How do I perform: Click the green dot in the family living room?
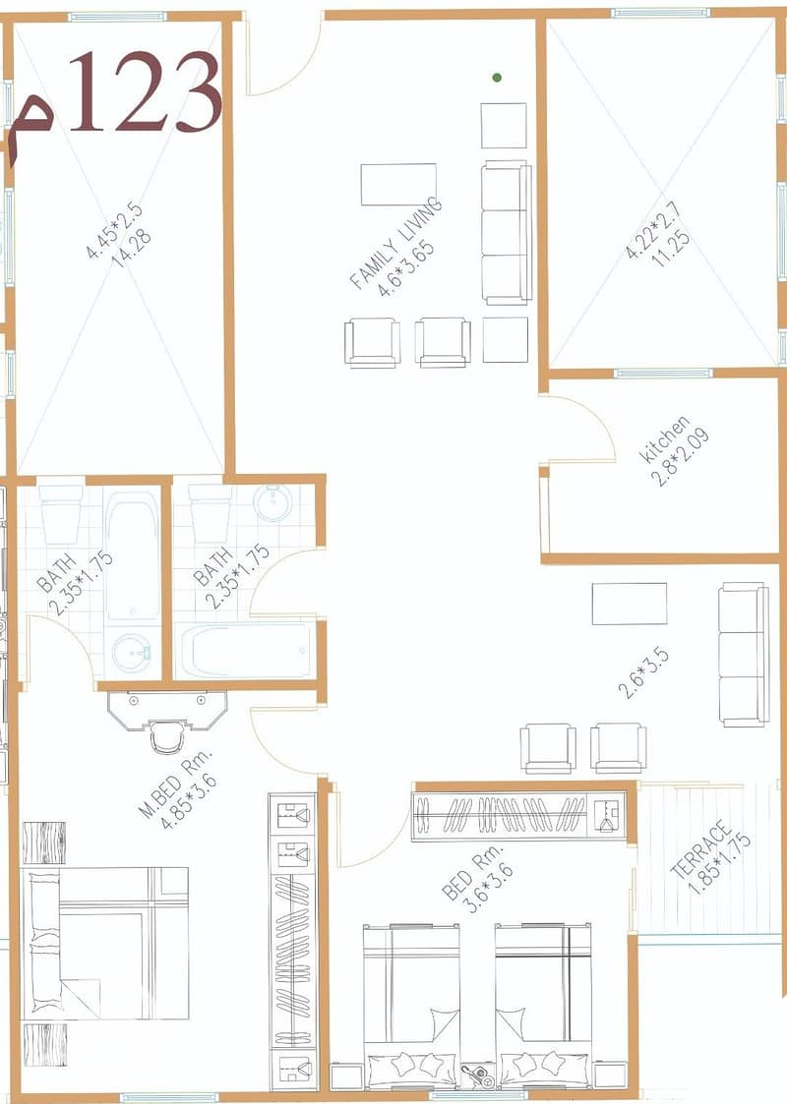(497, 78)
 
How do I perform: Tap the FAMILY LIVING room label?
(396, 244)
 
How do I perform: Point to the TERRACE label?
(701, 848)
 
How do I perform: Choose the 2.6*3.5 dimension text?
(643, 673)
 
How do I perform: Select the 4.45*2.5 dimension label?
(113, 230)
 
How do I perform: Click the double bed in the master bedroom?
(105, 943)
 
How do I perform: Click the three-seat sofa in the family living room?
(507, 232)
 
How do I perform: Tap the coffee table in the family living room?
(398, 185)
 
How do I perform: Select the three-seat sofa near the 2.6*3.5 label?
(744, 654)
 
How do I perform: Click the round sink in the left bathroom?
(132, 652)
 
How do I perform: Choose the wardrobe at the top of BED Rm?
(519, 816)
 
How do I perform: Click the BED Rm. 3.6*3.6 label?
(477, 878)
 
